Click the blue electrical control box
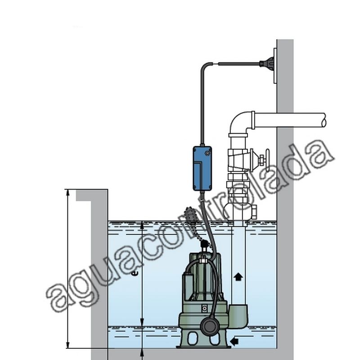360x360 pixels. (x=202, y=168)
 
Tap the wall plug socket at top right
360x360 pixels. (x=266, y=63)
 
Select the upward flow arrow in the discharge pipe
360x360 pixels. (x=238, y=277)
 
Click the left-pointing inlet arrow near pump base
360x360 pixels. (x=234, y=341)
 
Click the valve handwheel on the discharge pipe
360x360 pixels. (x=267, y=159)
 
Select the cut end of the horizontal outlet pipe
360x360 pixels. (x=324, y=120)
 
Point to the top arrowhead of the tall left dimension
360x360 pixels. (x=67, y=193)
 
